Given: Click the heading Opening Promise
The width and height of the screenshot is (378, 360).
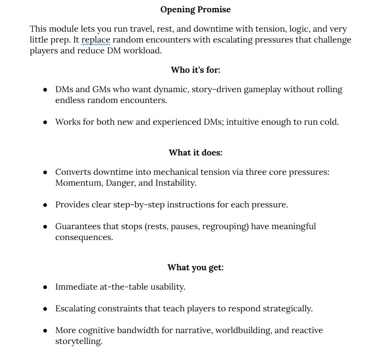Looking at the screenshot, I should pos(196,9).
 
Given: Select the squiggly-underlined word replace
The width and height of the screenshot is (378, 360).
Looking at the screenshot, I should pos(96,40).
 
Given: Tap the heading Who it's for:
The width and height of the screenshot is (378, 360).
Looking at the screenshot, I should pos(196,70).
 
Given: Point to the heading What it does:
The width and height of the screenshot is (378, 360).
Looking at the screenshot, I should pos(196,153).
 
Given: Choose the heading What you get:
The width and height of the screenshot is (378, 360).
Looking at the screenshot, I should pos(196,268).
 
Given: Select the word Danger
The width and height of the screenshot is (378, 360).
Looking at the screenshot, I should pos(123,183).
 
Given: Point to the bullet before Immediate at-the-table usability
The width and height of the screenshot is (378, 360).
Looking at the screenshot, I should pos(45,287).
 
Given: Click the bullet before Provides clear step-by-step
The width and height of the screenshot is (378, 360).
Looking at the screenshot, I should pos(45,206).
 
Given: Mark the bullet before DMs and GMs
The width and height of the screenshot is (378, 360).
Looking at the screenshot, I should pos(45,90).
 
